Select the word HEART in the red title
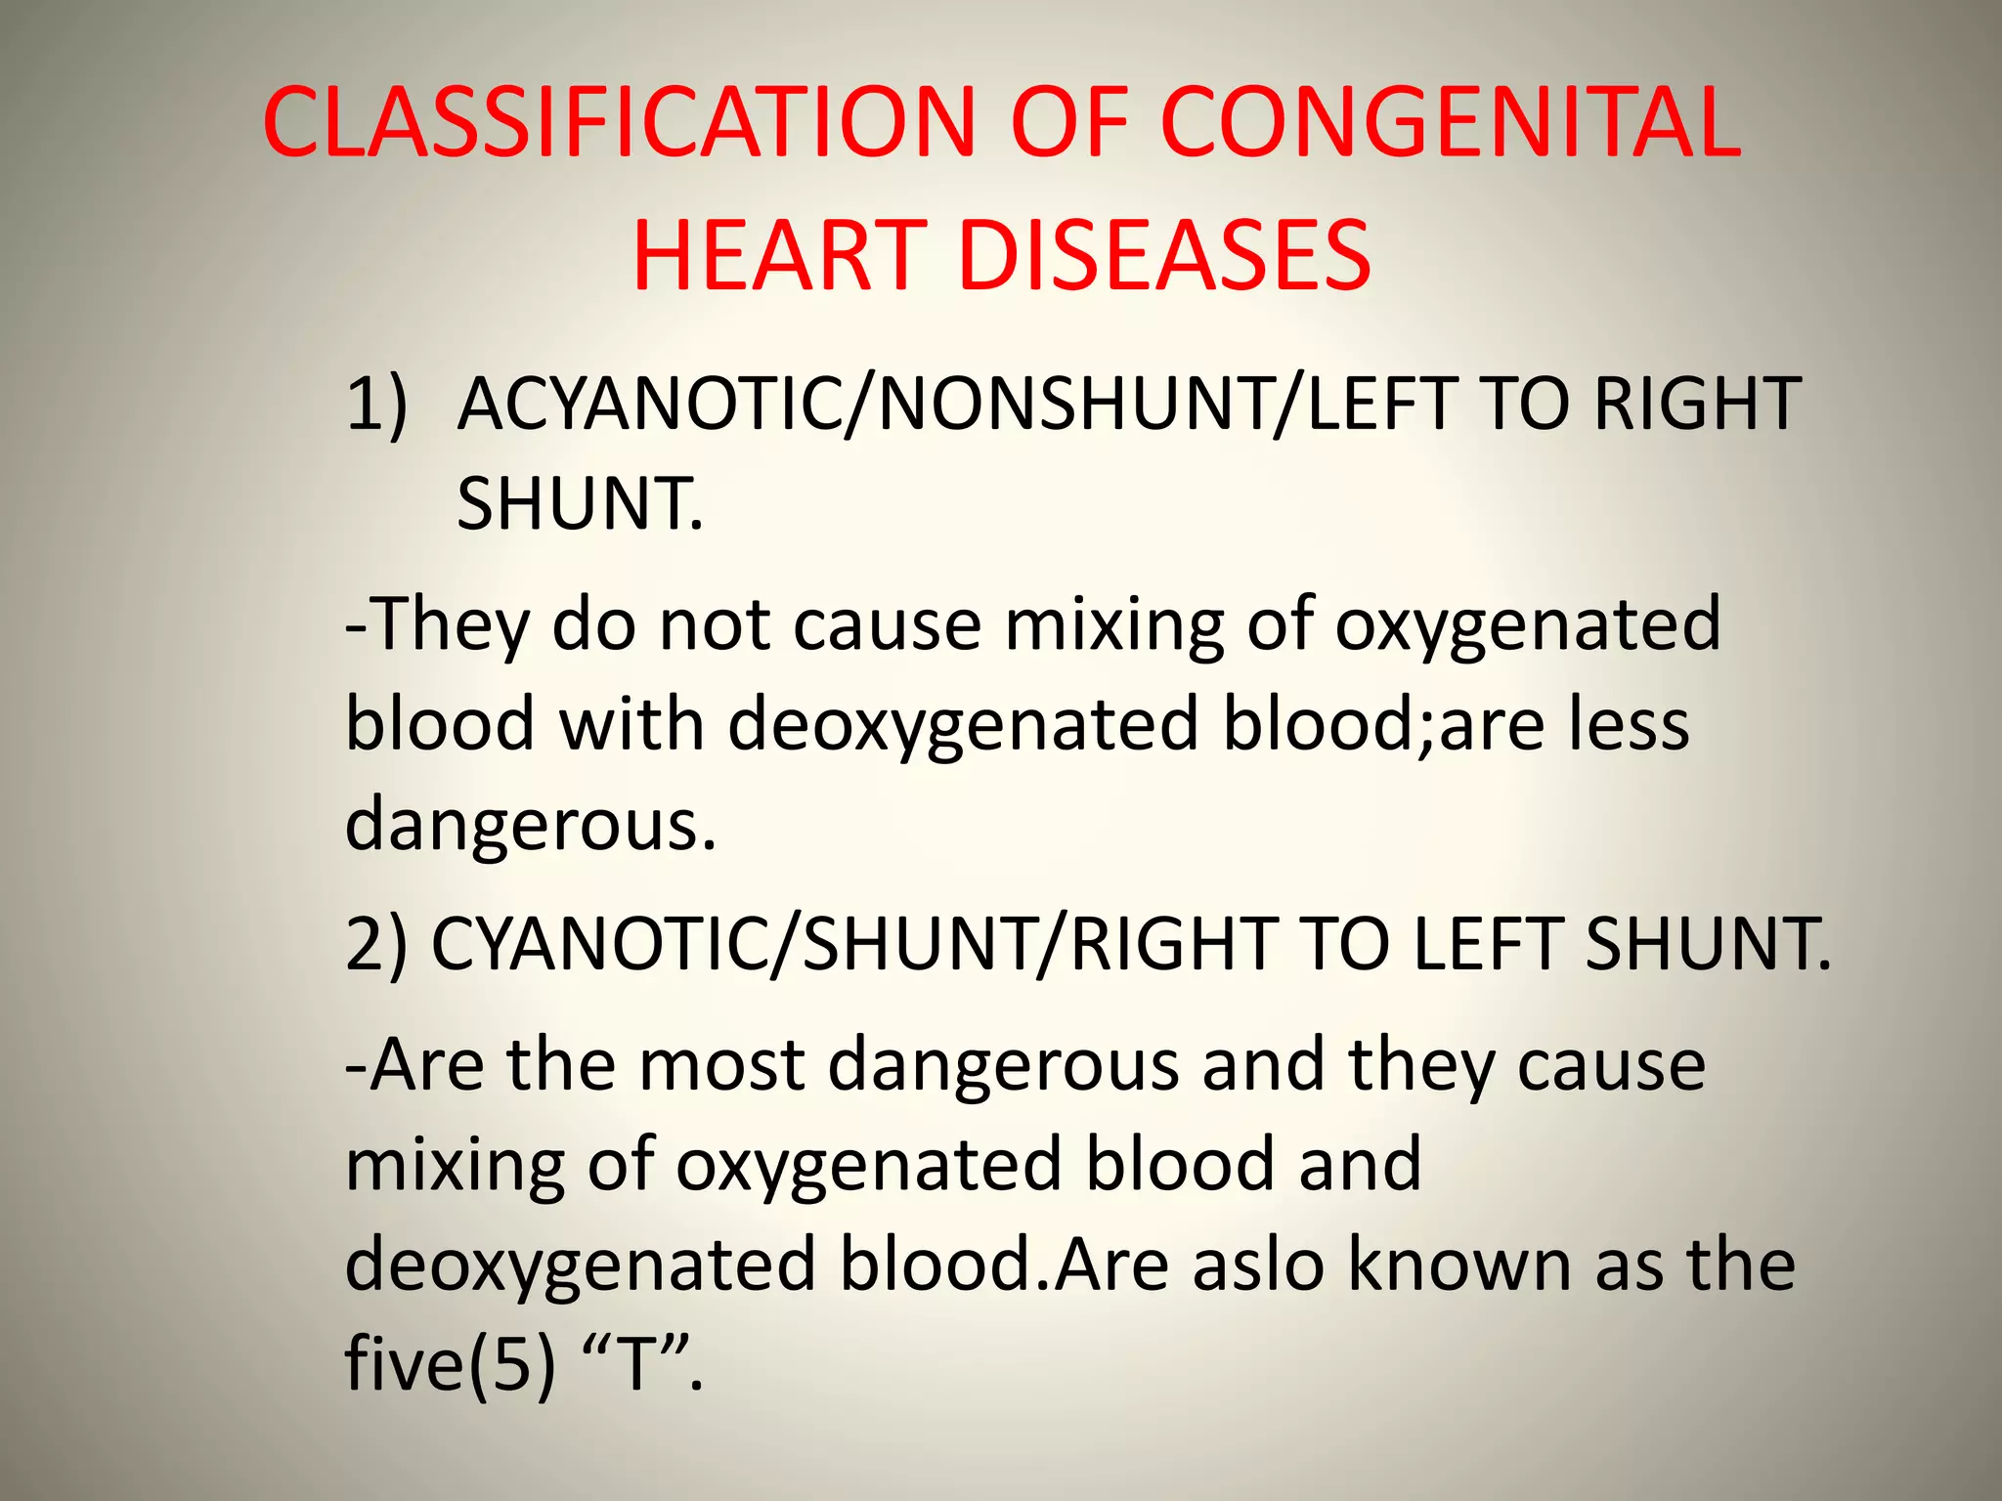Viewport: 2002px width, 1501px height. click(779, 255)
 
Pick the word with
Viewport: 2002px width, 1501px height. click(631, 725)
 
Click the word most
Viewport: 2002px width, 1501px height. click(721, 1065)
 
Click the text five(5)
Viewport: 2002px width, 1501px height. click(450, 1365)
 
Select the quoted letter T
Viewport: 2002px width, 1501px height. click(636, 1365)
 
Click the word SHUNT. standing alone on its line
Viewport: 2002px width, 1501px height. click(580, 504)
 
